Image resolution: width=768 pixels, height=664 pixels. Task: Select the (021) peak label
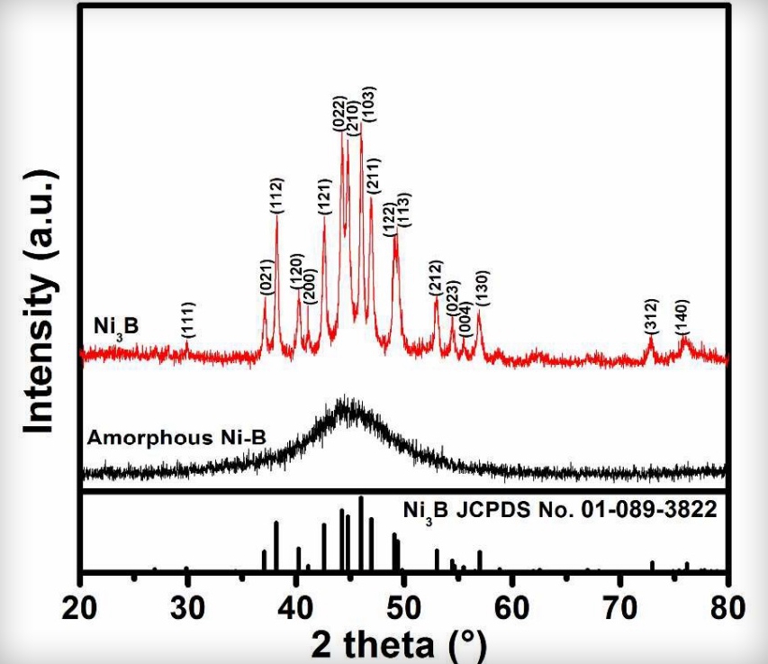266,277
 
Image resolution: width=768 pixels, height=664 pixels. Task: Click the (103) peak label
368,105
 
